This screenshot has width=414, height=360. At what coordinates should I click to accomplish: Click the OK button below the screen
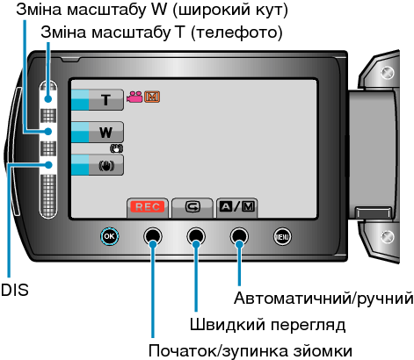coord(109,236)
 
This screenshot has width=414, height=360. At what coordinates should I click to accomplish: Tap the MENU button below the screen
coord(282,236)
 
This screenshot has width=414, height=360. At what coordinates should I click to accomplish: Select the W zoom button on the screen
coord(98,133)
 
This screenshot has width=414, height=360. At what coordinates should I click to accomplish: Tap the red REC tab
coord(148,208)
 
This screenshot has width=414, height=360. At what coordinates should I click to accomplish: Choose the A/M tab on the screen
coord(236,208)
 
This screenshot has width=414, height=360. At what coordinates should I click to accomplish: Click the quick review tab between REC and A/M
coord(192,208)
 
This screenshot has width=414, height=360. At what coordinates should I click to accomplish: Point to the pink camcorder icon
coord(134,97)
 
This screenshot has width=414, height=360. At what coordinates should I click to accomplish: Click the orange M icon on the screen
coord(152,97)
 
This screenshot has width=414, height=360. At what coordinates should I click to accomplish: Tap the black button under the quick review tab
coord(196,236)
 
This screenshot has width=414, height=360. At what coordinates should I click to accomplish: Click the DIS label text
coord(15,290)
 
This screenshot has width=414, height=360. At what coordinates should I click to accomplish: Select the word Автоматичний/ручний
coord(323,299)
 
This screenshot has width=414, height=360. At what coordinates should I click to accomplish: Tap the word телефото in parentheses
coord(236,32)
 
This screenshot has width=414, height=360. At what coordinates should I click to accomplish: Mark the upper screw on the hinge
coord(388,73)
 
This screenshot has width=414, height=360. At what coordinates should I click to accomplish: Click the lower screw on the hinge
coord(388,236)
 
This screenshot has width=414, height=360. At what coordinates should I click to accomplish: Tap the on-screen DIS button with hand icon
coord(98,165)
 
